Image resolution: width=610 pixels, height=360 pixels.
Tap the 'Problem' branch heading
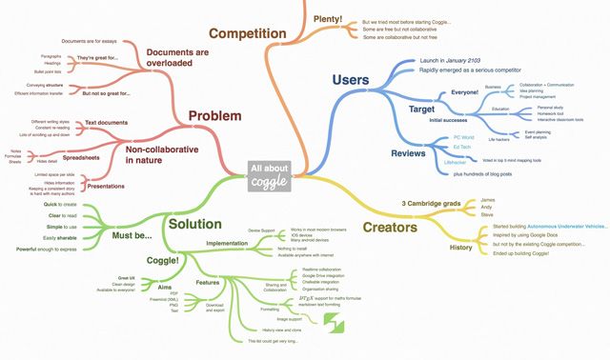213,115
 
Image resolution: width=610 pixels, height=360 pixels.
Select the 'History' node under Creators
460,248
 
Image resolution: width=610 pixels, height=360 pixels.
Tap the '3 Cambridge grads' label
431,203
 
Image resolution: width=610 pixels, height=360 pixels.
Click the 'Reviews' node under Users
408,152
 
